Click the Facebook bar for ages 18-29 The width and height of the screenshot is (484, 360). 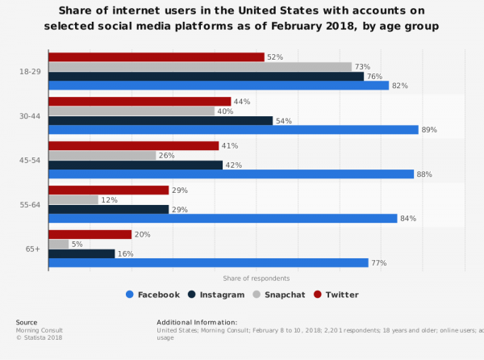pyautogui.click(x=218, y=86)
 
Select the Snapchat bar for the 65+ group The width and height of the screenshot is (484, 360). pyautogui.click(x=59, y=244)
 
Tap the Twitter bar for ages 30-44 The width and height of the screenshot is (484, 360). pyautogui.click(x=140, y=101)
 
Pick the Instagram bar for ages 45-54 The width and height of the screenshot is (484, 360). pyautogui.click(x=136, y=165)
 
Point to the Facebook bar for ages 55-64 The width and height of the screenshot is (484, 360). pyautogui.click(x=223, y=218)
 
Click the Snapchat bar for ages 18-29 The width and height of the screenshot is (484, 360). pyautogui.click(x=200, y=66)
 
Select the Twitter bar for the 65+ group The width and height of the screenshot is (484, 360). pyautogui.click(x=90, y=234)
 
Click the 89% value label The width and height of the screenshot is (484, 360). pyautogui.click(x=429, y=129)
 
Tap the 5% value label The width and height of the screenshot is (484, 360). pyautogui.click(x=78, y=244)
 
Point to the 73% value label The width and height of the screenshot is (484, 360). pyautogui.click(x=362, y=66)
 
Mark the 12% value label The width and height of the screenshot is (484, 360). pyautogui.click(x=110, y=199)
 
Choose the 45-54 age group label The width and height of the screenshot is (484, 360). pyautogui.click(x=30, y=160)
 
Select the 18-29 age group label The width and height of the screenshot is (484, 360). pyautogui.click(x=30, y=71)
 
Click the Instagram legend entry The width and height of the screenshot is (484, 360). pyautogui.click(x=215, y=295)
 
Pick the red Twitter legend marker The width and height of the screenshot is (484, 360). pyautogui.click(x=318, y=295)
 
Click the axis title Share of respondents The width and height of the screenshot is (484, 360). pyautogui.click(x=256, y=278)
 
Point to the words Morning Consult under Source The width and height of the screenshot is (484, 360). pyautogui.click(x=39, y=330)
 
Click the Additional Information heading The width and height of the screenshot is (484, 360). pyautogui.click(x=197, y=322)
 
